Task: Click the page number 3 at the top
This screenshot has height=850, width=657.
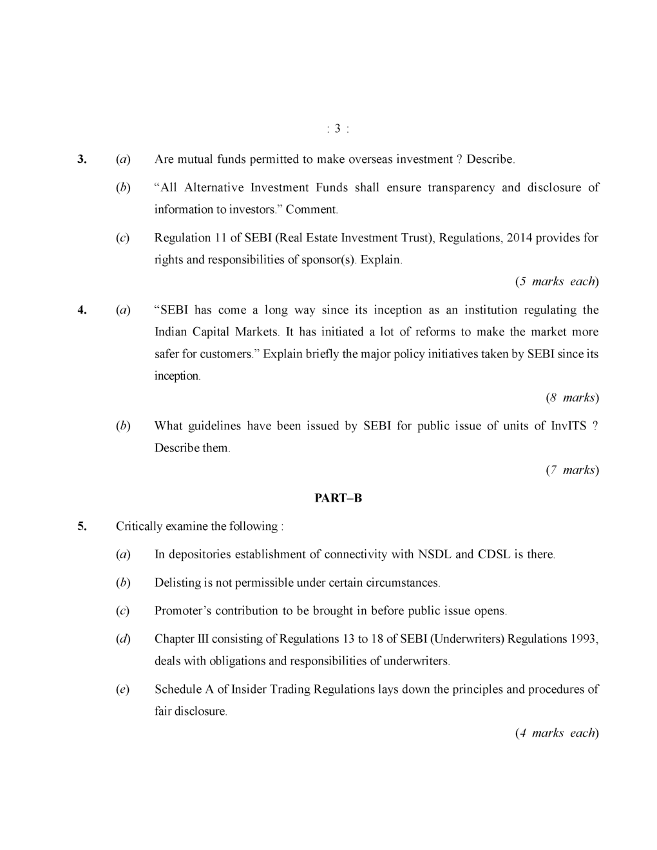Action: point(338,129)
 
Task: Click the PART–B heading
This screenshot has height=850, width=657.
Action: point(338,498)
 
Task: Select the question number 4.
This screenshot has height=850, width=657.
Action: point(82,310)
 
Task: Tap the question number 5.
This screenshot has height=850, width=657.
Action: point(82,526)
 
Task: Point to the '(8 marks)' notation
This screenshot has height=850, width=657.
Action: point(572,397)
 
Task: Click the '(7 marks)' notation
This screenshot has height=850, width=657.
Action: point(572,469)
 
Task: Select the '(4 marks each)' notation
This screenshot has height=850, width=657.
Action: point(557,733)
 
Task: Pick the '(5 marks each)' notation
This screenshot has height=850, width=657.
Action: point(557,281)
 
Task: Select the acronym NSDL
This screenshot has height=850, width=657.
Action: point(435,554)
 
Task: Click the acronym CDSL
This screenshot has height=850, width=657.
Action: point(493,554)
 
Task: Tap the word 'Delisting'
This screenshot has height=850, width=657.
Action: point(177,583)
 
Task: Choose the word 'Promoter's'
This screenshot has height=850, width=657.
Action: point(182,610)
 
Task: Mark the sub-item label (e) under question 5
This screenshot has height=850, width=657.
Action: point(122,690)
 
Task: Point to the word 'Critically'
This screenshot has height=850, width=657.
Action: point(138,526)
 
